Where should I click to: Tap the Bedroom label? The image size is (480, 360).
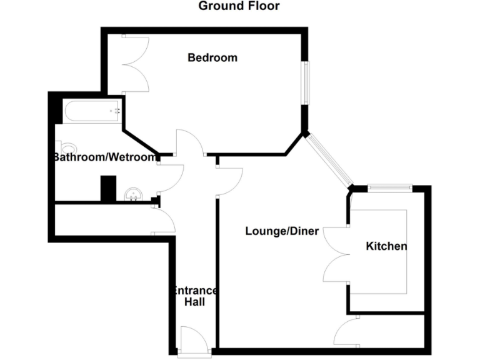point(212,57)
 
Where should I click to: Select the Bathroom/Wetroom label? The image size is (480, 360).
point(104,157)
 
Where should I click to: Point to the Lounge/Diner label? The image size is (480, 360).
point(282,231)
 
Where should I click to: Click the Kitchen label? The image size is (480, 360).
point(386,246)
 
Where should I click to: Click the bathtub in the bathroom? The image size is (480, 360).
point(92,111)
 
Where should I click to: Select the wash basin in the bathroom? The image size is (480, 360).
point(132,194)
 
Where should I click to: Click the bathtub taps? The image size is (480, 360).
point(116,111)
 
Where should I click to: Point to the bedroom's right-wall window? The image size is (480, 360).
point(305,82)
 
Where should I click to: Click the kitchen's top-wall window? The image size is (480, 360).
point(389,187)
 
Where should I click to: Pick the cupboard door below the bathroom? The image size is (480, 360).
point(163,220)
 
